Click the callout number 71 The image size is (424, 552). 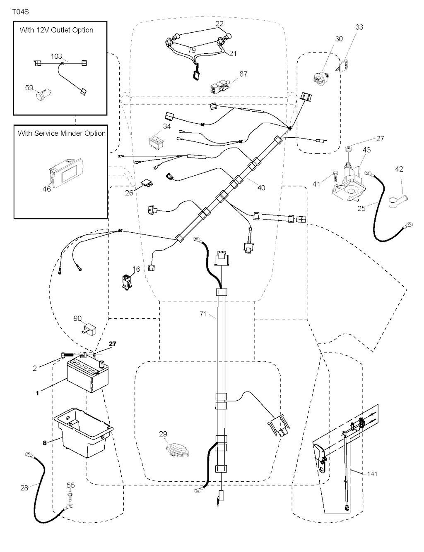pos(203,314)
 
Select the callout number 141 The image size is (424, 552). pos(372,474)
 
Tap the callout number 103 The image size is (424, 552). pos(56,56)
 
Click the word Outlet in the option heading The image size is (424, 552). pos(62,30)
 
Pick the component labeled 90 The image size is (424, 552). pos(89,329)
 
